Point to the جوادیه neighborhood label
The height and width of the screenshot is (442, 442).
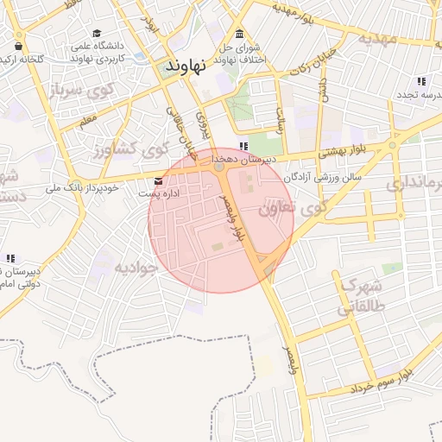tap(136, 268)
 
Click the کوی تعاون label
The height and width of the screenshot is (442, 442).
tap(293, 207)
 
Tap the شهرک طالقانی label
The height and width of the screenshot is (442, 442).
tap(361, 295)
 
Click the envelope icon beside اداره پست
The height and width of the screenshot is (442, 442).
tap(158, 181)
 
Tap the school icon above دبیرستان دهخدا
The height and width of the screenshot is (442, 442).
tap(244, 147)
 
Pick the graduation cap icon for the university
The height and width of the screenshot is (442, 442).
tap(98, 33)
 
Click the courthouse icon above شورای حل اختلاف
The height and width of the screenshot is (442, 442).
tap(239, 34)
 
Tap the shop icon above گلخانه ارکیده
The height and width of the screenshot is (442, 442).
tap(19, 46)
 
